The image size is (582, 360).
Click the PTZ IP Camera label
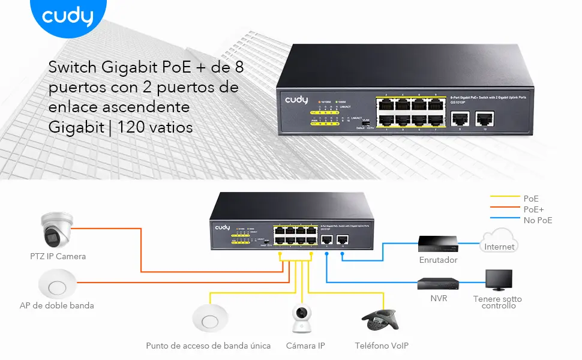point(58,256)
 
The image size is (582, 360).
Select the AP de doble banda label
point(57,305)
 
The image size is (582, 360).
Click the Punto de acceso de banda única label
point(208,346)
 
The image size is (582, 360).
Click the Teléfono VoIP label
point(382,346)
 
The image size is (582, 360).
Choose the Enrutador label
point(438,260)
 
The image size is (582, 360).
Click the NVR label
point(439,298)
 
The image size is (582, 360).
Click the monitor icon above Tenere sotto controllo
point(499,280)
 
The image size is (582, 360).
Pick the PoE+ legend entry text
point(533,209)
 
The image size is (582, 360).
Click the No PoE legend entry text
point(538,220)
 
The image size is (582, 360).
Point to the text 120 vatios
point(155,127)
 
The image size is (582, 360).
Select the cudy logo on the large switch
point(296,100)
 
